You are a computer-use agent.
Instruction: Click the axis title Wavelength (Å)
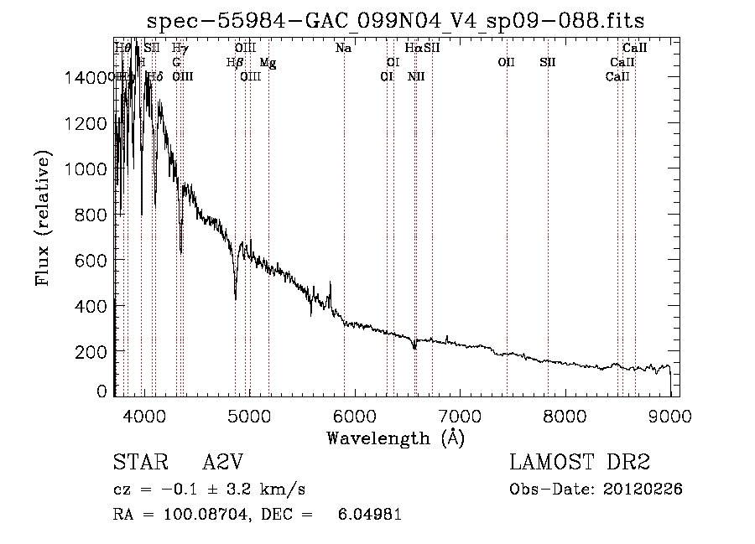pyautogui.click(x=395, y=438)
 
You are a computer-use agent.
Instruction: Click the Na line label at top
pyautogui.click(x=343, y=49)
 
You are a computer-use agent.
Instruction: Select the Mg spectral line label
pyautogui.click(x=267, y=63)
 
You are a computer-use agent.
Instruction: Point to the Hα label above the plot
pyautogui.click(x=414, y=49)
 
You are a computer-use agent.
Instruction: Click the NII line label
pyautogui.click(x=416, y=77)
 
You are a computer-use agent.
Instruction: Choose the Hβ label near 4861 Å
pyautogui.click(x=235, y=63)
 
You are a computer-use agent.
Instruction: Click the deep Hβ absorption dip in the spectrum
pyautogui.click(x=235, y=295)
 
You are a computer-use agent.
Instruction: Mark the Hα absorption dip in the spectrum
pyautogui.click(x=414, y=346)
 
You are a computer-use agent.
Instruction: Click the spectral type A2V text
pyautogui.click(x=223, y=464)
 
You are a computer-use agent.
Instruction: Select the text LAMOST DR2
pyautogui.click(x=579, y=464)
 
